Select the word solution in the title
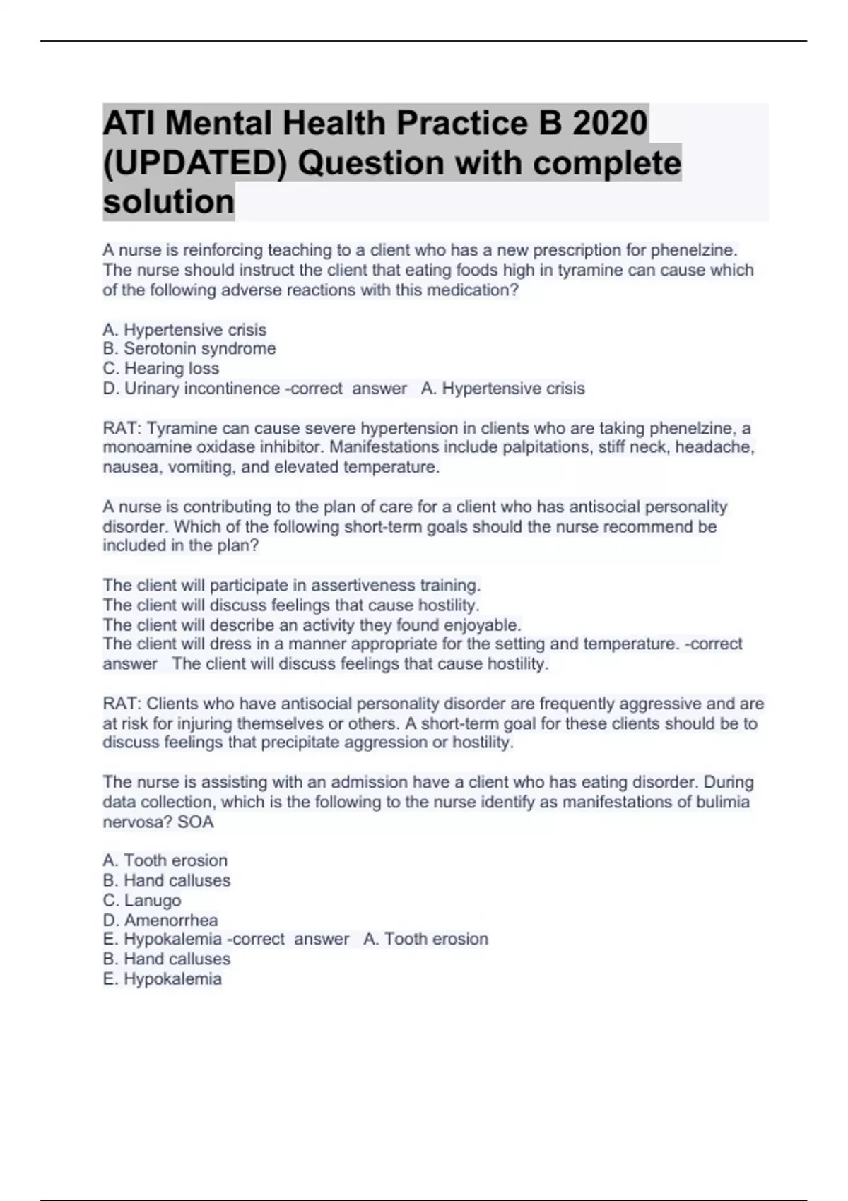click(x=168, y=202)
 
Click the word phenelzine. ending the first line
click(x=694, y=250)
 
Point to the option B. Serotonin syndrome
click(x=189, y=349)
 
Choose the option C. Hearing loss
click(x=161, y=369)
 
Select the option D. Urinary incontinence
click(x=192, y=389)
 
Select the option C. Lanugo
click(x=142, y=901)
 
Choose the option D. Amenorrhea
click(x=160, y=921)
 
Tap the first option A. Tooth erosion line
click(x=165, y=860)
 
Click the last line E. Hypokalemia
click(x=163, y=979)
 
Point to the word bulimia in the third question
click(x=723, y=803)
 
